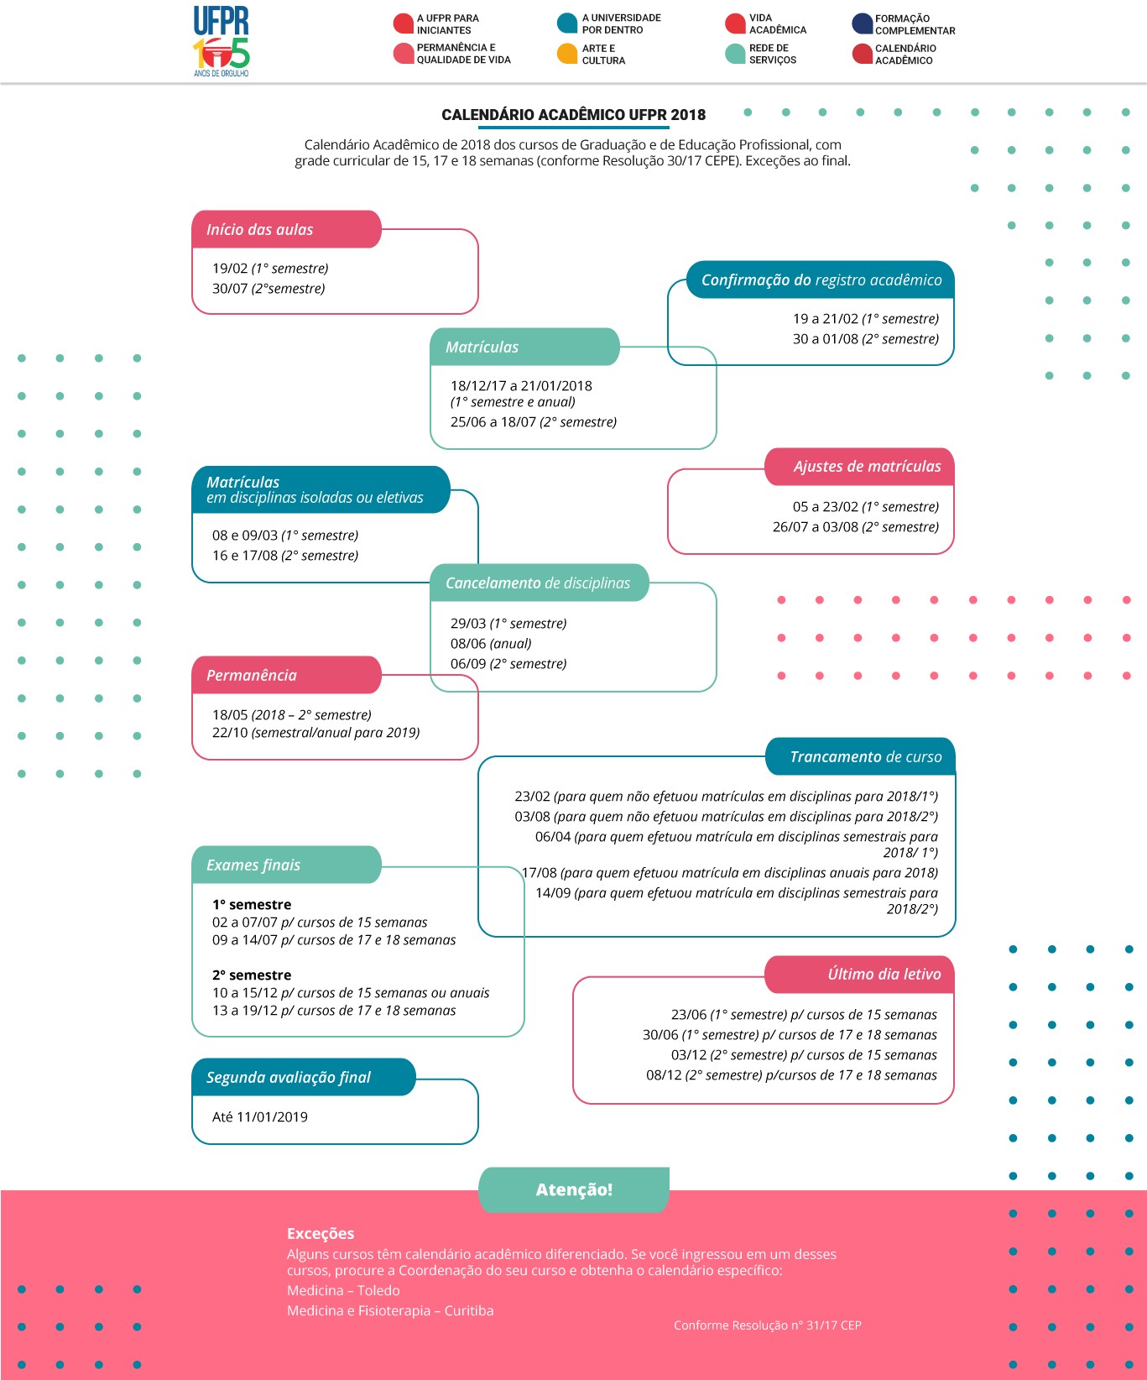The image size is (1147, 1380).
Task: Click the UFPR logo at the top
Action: pos(222,40)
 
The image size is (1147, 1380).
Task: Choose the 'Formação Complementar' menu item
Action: pos(904,24)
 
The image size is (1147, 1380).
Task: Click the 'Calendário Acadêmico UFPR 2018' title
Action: pos(574,115)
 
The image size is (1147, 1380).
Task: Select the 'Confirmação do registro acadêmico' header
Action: pos(821,280)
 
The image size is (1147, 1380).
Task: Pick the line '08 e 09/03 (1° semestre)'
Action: pos(285,536)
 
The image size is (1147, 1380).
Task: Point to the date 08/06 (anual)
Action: pos(491,644)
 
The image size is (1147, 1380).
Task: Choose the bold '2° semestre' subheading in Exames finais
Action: pos(252,975)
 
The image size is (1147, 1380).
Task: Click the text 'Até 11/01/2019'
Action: pos(260,1117)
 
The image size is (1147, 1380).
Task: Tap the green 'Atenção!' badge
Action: pos(574,1189)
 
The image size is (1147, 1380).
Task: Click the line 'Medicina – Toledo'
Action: pos(343,1290)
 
